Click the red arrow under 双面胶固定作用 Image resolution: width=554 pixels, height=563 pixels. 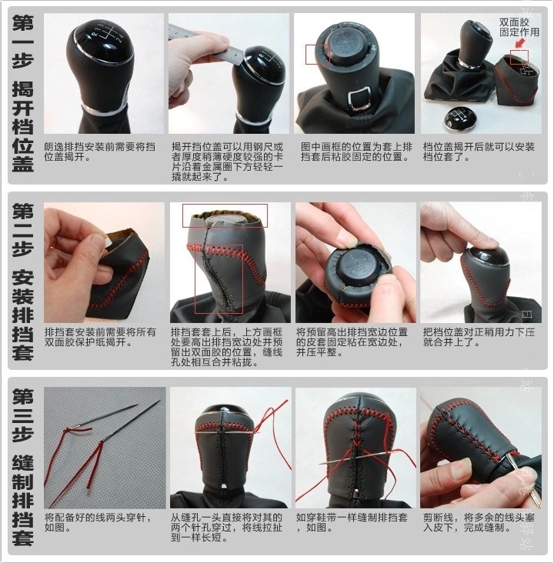click(519, 43)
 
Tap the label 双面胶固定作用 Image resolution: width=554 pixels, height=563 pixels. click(519, 27)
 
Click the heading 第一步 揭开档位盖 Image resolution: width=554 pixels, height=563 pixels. click(22, 93)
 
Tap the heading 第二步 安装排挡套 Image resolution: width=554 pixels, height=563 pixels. click(22, 281)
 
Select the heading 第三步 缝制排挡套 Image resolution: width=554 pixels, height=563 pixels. click(22, 467)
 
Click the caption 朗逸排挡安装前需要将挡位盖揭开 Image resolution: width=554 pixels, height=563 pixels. click(100, 152)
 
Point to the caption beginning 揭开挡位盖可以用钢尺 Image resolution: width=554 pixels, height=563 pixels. click(227, 162)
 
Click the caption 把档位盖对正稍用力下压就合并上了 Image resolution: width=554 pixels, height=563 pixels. click(479, 337)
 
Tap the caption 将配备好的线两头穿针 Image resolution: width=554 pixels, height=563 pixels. click(98, 522)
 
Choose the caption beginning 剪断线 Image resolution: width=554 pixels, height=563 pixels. click(479, 522)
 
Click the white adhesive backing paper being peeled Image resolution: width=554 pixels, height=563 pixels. click(107, 243)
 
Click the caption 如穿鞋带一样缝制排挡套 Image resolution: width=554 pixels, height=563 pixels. click(352, 522)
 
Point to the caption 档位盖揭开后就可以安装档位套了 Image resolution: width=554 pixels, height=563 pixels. click(479, 152)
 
